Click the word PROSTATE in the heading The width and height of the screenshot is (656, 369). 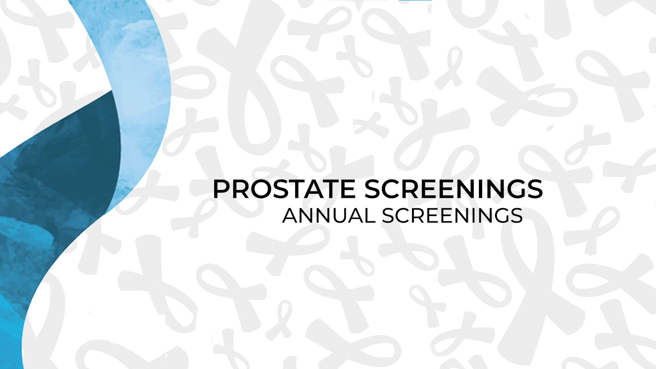[x=284, y=189]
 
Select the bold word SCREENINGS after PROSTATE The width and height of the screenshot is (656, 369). [x=454, y=189]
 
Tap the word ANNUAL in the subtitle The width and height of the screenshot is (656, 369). [x=329, y=216]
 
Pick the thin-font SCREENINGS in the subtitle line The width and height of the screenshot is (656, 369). [x=452, y=216]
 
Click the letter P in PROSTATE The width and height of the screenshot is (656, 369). [x=222, y=189]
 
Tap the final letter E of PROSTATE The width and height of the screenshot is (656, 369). [x=348, y=189]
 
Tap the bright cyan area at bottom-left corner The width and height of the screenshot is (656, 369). [x=12, y=325]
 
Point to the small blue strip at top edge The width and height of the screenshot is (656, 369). [x=415, y=0]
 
